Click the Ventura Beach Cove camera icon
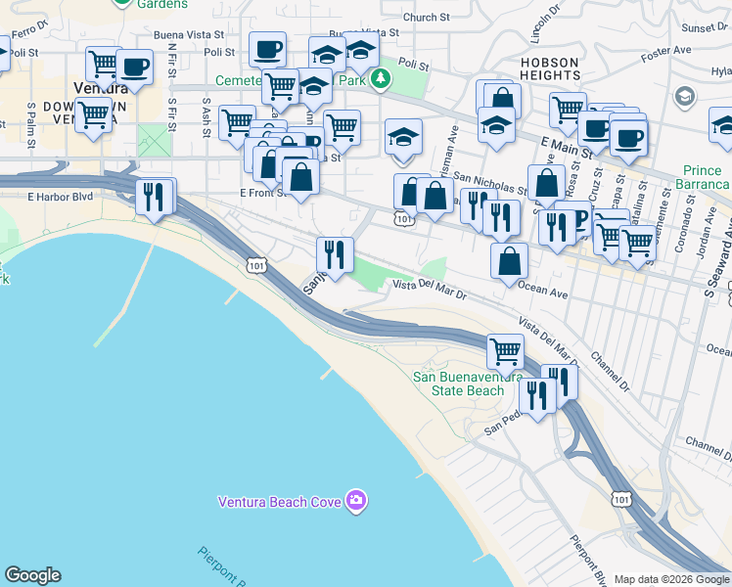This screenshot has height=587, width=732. coord(355,501)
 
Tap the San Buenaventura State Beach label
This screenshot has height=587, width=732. coord(458,384)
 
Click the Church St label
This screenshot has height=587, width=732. coord(425,17)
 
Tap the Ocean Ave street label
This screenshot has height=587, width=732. coord(543,289)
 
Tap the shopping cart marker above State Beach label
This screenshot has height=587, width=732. coord(505,349)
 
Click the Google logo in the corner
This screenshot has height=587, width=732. coord(32,575)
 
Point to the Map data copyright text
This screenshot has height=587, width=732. coord(670,579)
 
